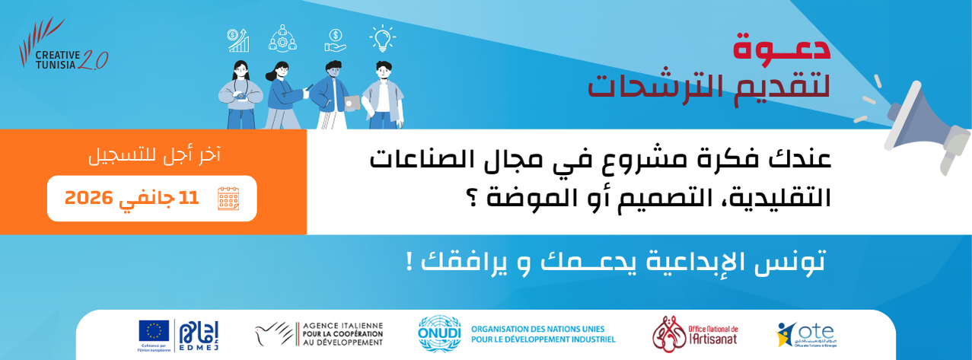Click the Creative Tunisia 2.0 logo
click(62, 46)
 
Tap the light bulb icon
click(382, 38)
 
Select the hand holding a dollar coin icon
click(335, 40)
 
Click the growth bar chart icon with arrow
click(238, 40)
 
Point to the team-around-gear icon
click(282, 38)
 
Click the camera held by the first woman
click(241, 96)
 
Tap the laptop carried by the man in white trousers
click(352, 103)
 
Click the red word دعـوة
click(781, 47)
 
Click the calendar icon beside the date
click(228, 198)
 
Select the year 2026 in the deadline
click(88, 198)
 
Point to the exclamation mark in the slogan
click(410, 262)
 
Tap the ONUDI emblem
click(439, 333)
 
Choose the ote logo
click(805, 334)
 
